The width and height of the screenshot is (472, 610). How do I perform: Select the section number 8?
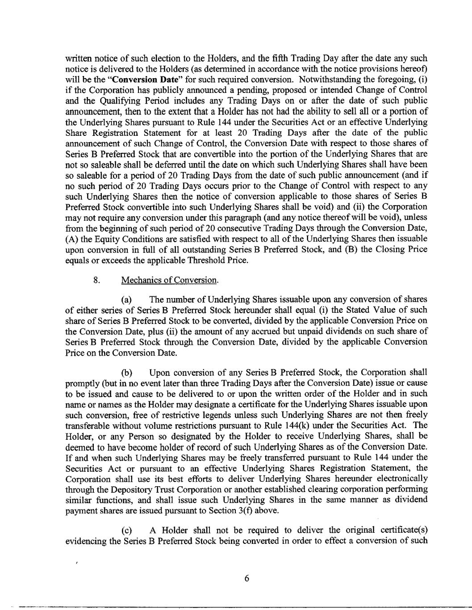96,280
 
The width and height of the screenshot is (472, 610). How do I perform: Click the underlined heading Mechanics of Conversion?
169,280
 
